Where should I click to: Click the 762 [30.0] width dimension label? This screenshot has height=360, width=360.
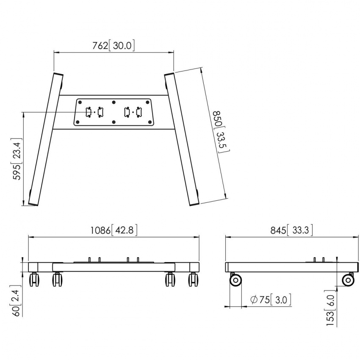tap(113, 46)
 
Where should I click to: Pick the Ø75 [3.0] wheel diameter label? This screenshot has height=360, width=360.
tap(271, 300)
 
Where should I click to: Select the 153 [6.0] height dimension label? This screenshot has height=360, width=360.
tap(331, 308)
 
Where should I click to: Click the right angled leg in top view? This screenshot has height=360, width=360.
tap(181, 140)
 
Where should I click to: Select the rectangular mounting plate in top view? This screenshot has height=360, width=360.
tap(113, 112)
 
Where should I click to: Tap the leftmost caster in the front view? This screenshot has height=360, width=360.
tap(34, 280)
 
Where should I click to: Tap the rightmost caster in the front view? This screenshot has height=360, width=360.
tap(193, 280)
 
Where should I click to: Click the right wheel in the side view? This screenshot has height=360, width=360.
tap(348, 280)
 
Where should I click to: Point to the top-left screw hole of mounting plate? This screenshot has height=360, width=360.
tap(79, 102)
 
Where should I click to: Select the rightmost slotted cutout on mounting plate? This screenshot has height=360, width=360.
tap(138, 112)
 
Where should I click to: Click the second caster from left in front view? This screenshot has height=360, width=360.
tap(57, 280)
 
